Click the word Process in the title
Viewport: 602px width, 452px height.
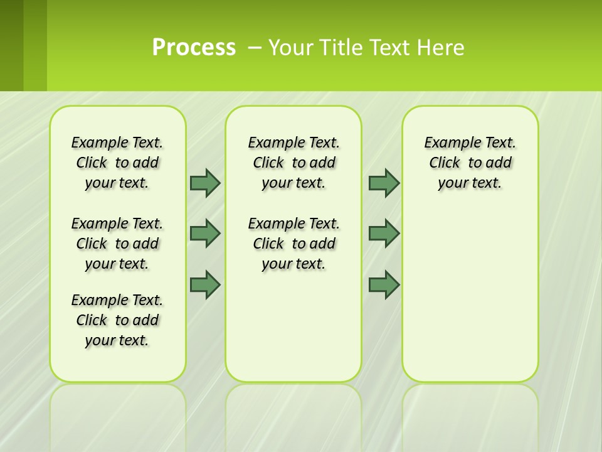click(x=194, y=47)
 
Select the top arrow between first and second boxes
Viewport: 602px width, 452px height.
click(x=204, y=183)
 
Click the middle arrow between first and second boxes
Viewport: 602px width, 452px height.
click(x=204, y=234)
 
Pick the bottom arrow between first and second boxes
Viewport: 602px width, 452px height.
click(x=204, y=284)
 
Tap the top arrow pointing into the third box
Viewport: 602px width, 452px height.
click(x=384, y=183)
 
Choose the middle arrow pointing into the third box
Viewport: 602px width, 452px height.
click(x=384, y=234)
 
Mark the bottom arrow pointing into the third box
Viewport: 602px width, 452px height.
click(x=384, y=284)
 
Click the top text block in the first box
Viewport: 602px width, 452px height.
click(x=117, y=163)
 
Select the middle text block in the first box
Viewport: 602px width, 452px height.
click(x=117, y=244)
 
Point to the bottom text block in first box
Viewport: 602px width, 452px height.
click(x=117, y=320)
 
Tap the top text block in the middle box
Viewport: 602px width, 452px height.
click(x=294, y=163)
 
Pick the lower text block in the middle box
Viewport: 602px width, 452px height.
click(x=294, y=244)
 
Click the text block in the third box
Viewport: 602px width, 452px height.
click(x=470, y=163)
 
